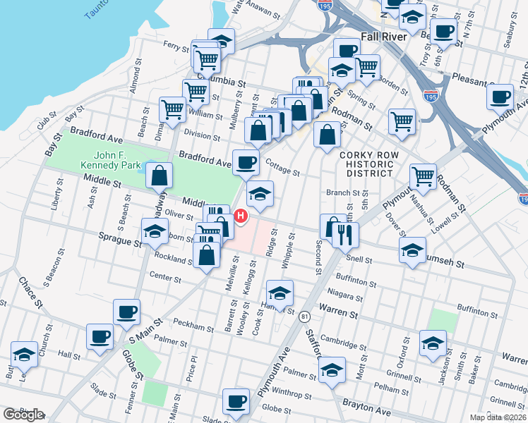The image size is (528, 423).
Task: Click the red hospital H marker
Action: pos(241,216)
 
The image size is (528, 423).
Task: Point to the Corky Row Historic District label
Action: pos(368,164)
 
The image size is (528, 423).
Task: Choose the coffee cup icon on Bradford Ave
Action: pos(246,161)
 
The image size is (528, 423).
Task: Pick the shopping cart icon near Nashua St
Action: pos(423,176)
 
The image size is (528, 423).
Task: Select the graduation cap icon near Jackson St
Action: pos(433,342)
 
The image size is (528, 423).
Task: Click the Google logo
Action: pos(23,415)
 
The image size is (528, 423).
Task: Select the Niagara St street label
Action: pos(346,297)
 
